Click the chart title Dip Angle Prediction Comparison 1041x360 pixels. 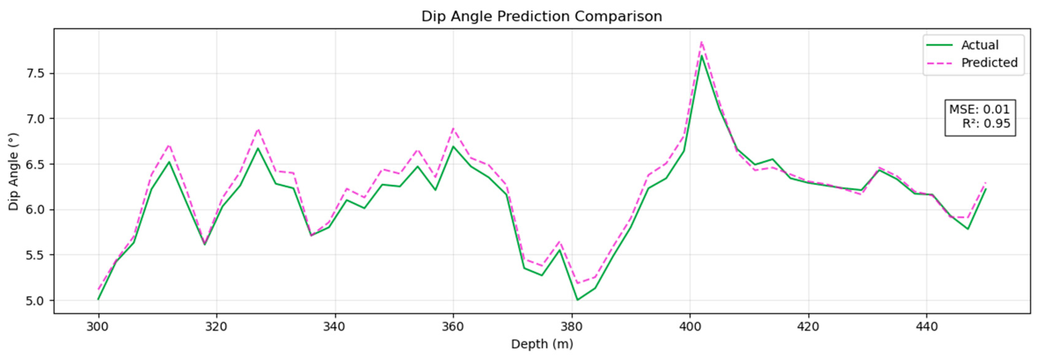click(x=542, y=17)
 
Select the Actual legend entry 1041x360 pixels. click(x=980, y=45)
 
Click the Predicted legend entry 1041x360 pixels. click(x=989, y=62)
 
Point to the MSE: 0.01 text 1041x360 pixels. click(x=979, y=109)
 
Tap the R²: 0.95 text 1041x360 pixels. click(x=986, y=124)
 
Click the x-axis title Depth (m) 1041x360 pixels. click(x=542, y=344)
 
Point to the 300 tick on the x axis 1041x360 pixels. click(x=98, y=327)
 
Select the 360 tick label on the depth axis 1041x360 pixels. click(x=453, y=327)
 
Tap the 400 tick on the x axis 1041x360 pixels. click(x=689, y=327)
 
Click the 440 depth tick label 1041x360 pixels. click(x=926, y=327)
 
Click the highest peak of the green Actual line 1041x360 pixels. click(x=702, y=56)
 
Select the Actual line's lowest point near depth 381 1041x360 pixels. click(x=577, y=300)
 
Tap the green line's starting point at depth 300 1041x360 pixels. click(x=98, y=299)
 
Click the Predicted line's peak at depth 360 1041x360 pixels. click(x=453, y=128)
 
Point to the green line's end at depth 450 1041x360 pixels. click(x=986, y=189)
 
